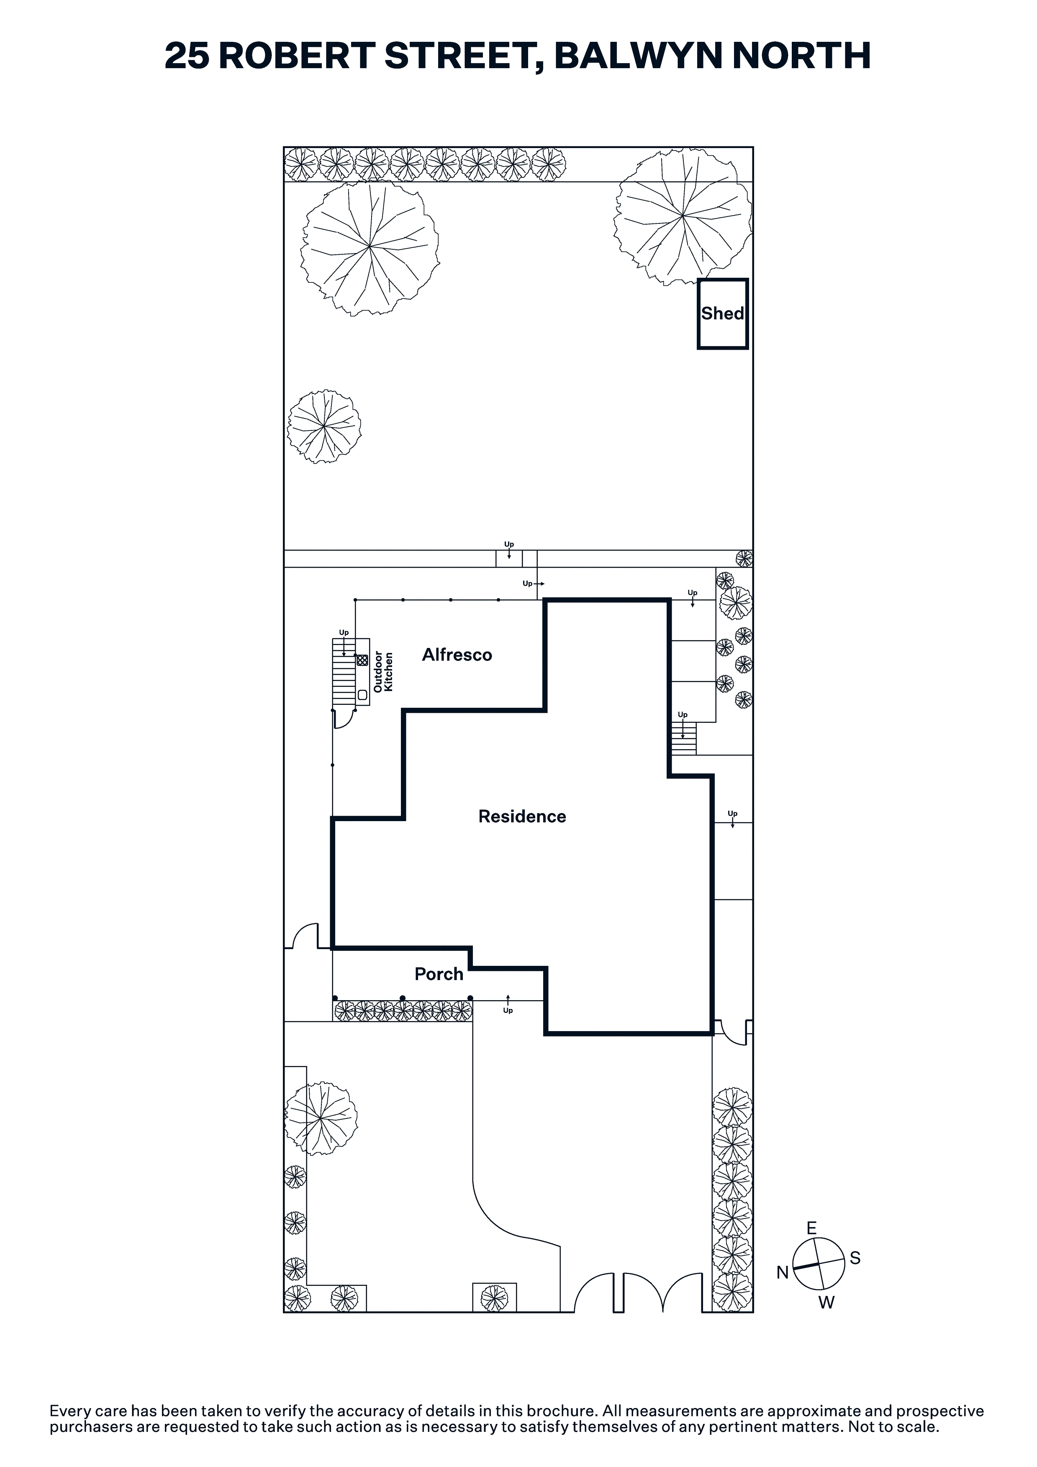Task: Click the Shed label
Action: pos(722,314)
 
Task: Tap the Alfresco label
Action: pos(457,655)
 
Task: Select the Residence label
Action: pos(522,817)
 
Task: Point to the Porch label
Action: pos(439,974)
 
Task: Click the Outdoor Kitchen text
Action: pos(383,671)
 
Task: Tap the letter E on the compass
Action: pos(811,1228)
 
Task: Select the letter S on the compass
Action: pos(855,1258)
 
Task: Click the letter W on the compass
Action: pos(827,1303)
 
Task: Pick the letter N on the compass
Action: pos(783,1273)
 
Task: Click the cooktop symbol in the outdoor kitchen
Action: pos(362,659)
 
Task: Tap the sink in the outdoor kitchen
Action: pos(362,694)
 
